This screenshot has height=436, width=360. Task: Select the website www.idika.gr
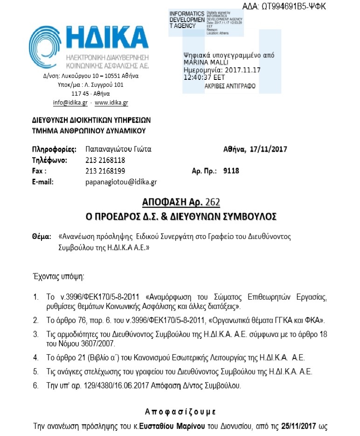[x=111, y=103]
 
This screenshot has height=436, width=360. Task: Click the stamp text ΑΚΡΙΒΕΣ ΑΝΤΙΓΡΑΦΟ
[x=230, y=86]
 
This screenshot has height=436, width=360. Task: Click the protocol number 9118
[x=232, y=171]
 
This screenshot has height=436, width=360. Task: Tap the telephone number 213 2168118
[x=105, y=160]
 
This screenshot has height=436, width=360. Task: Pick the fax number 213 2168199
[x=105, y=171]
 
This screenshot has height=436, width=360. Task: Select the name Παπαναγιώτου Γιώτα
[x=119, y=149]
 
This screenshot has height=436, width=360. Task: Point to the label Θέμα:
[x=41, y=237]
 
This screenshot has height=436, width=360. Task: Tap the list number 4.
[x=35, y=358]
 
